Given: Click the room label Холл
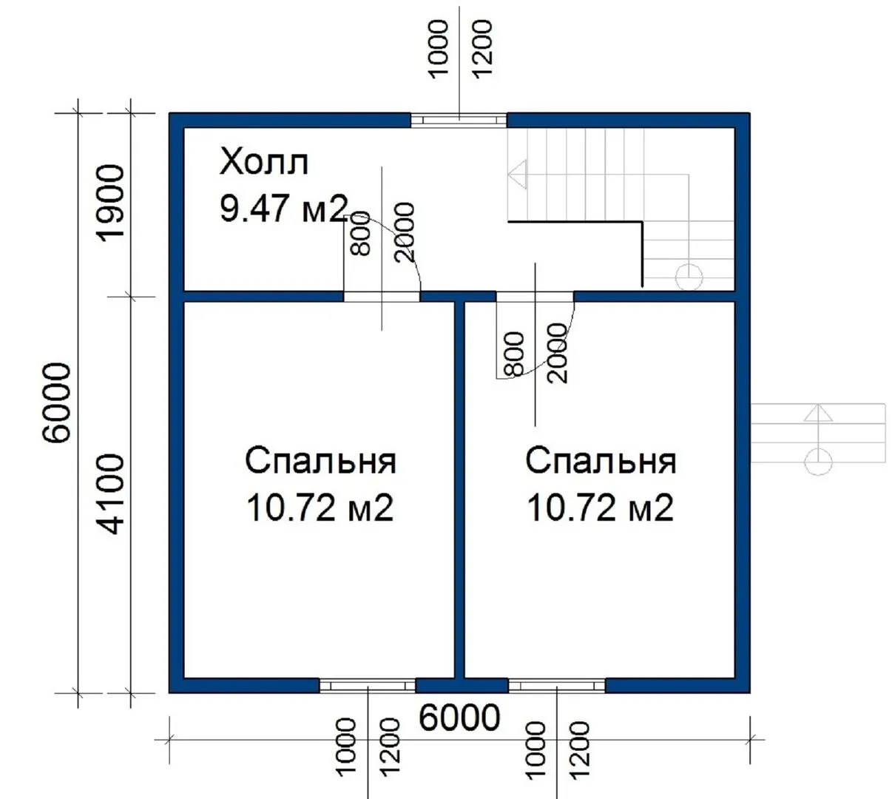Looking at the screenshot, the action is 264,162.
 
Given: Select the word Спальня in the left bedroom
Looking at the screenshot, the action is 320,461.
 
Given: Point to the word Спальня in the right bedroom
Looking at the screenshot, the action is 601,461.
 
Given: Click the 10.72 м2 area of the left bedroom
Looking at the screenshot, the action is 320,508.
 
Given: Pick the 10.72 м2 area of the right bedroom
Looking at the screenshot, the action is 600,508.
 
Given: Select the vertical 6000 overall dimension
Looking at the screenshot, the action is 56,402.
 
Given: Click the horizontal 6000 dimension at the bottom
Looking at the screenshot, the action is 459,718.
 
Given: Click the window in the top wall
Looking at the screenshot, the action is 459,121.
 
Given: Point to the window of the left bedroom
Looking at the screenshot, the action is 367,685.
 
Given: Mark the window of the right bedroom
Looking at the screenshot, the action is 557,685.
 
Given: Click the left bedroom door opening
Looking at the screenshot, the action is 382,297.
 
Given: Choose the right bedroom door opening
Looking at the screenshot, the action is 535,297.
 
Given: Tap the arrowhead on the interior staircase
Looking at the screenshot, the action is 517,175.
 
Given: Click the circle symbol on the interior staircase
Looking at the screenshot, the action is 689,277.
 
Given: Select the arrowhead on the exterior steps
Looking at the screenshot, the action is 818,412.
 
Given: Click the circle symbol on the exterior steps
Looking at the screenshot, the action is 818,462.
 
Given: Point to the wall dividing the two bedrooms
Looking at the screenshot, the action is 459,489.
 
